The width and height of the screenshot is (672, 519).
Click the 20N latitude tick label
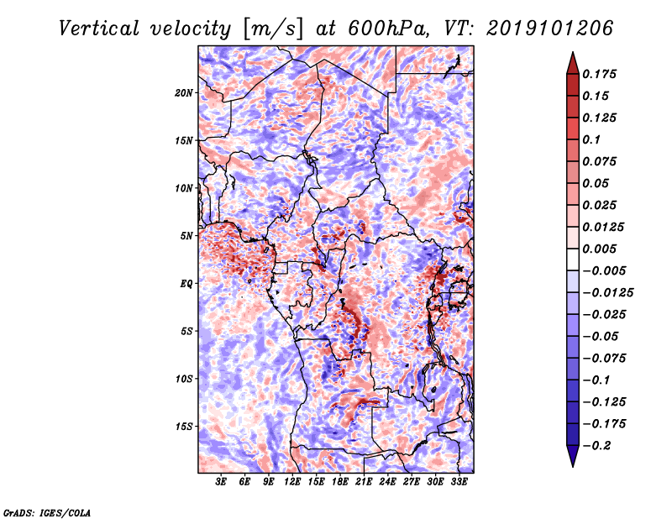point(184,93)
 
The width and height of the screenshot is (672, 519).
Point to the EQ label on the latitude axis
point(186,284)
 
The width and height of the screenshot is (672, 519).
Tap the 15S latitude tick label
point(184,427)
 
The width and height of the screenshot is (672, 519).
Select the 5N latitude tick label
point(186,236)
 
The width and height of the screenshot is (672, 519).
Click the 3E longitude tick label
point(221,481)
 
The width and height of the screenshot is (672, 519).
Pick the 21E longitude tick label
point(364,481)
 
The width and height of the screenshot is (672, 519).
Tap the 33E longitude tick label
point(459,481)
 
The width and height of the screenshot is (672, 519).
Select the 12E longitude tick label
point(291,481)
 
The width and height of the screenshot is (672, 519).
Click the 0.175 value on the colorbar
point(599,74)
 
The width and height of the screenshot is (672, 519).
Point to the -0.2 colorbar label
point(596,446)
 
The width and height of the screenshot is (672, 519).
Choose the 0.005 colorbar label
point(599,249)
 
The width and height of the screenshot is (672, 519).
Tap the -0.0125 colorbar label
point(607,293)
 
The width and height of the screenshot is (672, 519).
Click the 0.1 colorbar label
point(591,139)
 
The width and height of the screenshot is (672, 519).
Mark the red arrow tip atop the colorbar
point(573,53)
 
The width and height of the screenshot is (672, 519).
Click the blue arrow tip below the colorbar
point(573,465)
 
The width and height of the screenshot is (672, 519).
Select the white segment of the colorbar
point(573,259)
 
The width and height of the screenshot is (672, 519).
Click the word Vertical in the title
point(99,29)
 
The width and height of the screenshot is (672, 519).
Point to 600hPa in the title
point(385,29)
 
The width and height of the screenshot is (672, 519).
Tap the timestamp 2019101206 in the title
point(550,29)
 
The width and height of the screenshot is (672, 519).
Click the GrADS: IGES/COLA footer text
point(47,512)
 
